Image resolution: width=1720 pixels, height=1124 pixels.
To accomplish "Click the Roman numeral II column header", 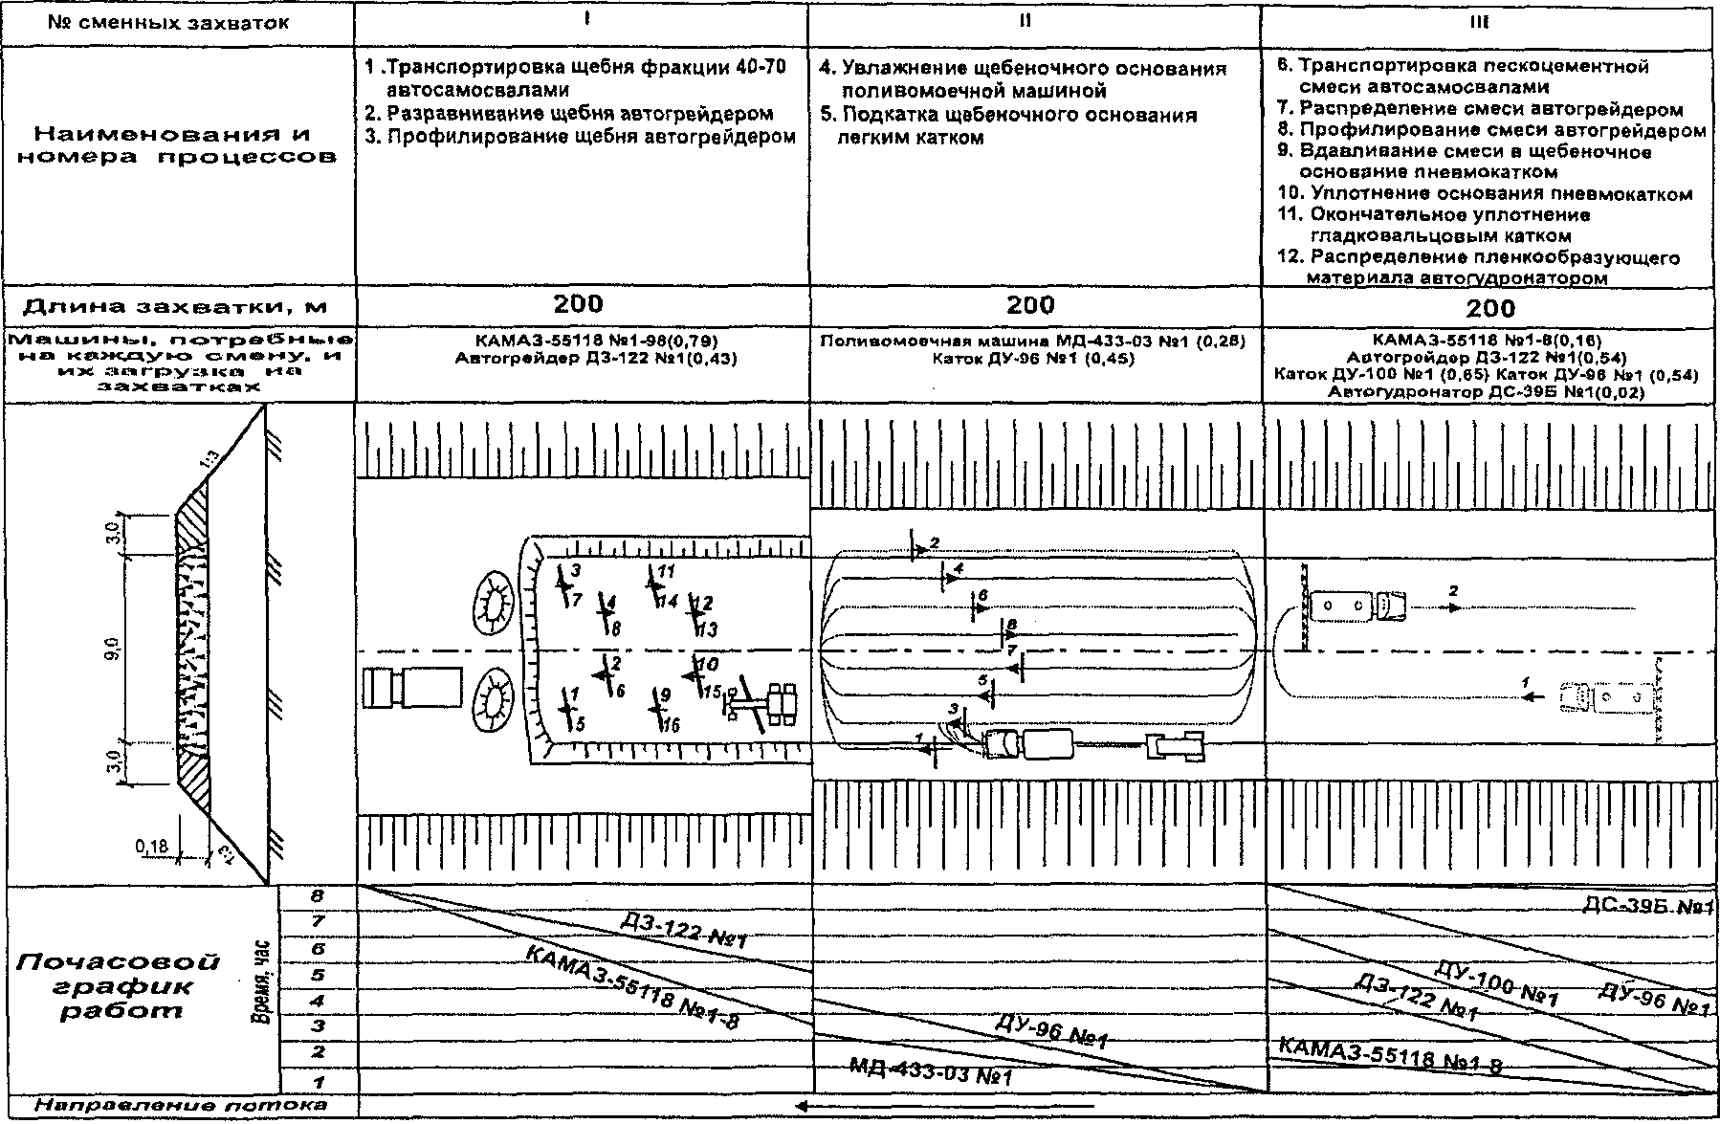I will point(1025,21).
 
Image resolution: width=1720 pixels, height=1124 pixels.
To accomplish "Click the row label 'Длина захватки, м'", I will point(175,307).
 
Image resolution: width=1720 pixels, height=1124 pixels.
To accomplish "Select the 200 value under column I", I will point(579,304).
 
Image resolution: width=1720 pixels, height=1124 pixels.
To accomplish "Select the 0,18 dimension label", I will point(151,847).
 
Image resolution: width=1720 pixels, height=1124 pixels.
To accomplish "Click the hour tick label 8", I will point(318,897).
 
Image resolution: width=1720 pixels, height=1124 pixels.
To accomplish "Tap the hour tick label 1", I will point(318,1082).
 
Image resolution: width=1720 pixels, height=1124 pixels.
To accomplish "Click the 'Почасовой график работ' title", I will point(119,985).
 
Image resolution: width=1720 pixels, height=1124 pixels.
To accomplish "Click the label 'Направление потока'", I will point(180,1106).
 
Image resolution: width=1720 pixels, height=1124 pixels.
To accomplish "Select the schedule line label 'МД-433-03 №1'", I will point(930,1071).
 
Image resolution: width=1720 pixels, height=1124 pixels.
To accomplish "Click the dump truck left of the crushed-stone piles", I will point(411,688).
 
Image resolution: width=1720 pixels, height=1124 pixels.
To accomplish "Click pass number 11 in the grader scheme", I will point(667,572).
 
